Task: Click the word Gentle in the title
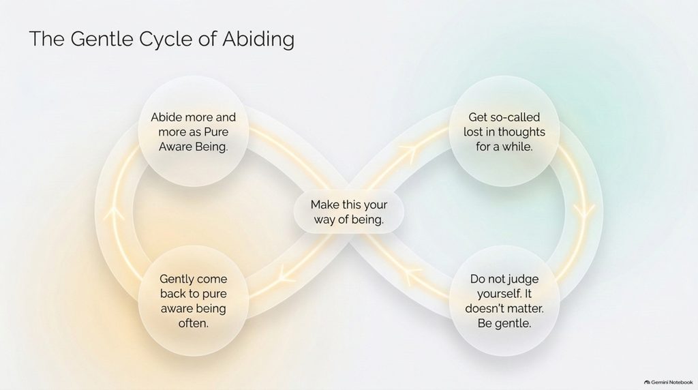(102, 39)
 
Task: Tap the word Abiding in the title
(258, 40)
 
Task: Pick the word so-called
(511, 117)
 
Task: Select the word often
(193, 323)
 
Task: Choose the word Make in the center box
(325, 205)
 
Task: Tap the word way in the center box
(324, 220)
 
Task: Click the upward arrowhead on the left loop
(115, 213)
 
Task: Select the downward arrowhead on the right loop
(583, 211)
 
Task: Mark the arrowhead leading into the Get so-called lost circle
(409, 151)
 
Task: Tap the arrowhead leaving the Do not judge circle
(413, 276)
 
